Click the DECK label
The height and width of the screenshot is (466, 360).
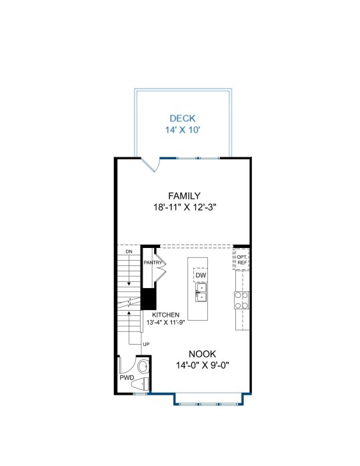click(x=183, y=118)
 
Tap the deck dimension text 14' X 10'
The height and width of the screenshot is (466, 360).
click(x=183, y=130)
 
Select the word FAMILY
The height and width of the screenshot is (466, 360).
click(x=184, y=196)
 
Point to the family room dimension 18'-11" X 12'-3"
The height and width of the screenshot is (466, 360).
click(x=184, y=207)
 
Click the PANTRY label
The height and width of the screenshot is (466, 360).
click(x=153, y=263)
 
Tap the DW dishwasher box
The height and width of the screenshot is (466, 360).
click(x=201, y=275)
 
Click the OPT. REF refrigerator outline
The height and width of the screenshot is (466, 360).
click(x=241, y=260)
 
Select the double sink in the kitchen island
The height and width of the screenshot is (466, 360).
click(x=201, y=292)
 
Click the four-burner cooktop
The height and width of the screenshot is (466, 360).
click(x=241, y=301)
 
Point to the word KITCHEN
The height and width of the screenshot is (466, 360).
click(x=165, y=315)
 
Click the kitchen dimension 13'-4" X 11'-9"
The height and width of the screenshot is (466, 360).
click(x=165, y=323)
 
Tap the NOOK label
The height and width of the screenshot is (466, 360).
click(x=203, y=354)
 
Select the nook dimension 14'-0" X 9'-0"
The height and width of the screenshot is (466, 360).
click(x=203, y=365)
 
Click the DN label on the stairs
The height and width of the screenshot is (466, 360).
click(x=129, y=252)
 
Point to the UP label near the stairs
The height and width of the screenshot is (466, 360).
click(x=146, y=345)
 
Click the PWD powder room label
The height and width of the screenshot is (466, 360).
click(x=127, y=378)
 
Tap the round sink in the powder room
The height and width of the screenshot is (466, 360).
click(x=143, y=367)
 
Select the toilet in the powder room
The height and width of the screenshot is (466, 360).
click(x=140, y=384)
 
